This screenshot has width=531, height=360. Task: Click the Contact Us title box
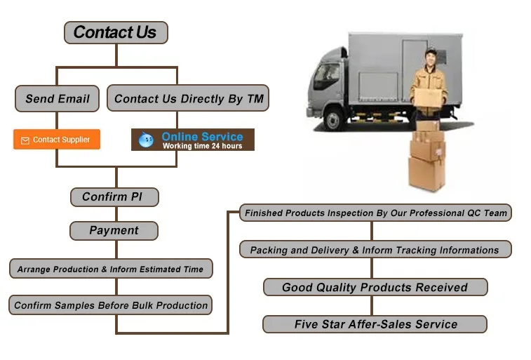point(115,32)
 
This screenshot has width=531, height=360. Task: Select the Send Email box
point(58,99)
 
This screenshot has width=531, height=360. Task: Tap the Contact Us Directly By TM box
point(188,99)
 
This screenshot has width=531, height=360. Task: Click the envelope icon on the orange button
point(25,140)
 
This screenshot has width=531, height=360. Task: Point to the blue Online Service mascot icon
point(146,140)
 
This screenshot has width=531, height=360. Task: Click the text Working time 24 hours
point(202,146)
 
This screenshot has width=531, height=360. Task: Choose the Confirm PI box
point(114,197)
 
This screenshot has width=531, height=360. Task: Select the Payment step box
point(114,231)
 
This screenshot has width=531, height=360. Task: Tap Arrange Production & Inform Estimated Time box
point(110,269)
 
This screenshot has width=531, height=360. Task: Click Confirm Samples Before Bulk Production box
point(111,305)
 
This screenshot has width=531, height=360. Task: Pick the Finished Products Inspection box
point(375,213)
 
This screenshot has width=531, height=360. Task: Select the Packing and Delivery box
point(375,250)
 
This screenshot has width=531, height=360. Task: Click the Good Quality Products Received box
point(375,287)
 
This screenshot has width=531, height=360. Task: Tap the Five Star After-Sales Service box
point(375,324)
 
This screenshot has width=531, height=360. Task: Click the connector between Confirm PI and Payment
point(116,214)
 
